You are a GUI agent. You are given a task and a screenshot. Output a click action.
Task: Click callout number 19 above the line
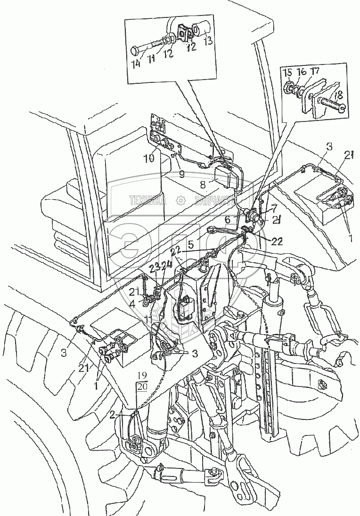[x=141, y=375]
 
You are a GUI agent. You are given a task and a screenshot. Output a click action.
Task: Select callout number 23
[x=154, y=269]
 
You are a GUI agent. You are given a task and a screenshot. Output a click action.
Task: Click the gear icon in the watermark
[x=180, y=201]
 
